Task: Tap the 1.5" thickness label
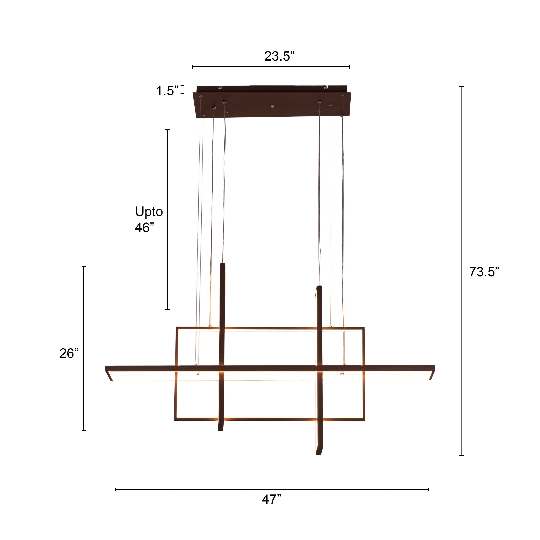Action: [x=167, y=91]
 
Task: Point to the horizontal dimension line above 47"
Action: [x=272, y=490]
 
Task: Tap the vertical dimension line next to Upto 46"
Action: [x=168, y=219]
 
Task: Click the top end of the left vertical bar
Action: [x=223, y=265]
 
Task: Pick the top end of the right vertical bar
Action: [x=319, y=287]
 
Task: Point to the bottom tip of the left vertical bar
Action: [x=220, y=430]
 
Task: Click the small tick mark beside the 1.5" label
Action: [x=182, y=90]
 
